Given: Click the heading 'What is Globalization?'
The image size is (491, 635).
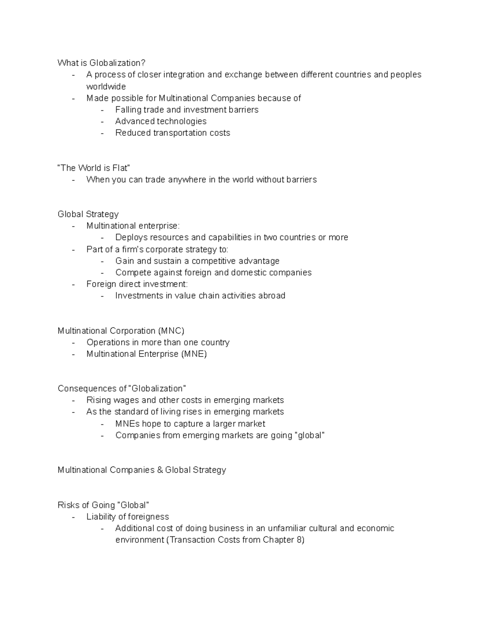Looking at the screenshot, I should click(101, 63).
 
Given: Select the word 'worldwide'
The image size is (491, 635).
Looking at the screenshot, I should click(106, 87).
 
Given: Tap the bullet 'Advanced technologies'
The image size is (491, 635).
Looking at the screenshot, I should click(161, 121).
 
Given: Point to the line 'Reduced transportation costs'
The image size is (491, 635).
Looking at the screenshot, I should click(173, 133).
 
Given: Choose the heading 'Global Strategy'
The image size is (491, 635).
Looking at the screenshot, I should click(88, 214).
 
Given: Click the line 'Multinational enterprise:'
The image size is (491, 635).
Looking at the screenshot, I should click(133, 226).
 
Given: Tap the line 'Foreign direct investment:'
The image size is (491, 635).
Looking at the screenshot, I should click(137, 284).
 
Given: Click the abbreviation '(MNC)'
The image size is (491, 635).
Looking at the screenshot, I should click(171, 331).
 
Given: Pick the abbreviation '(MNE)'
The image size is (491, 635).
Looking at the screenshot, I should click(194, 354).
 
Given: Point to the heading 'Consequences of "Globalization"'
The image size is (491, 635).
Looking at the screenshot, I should click(122, 388).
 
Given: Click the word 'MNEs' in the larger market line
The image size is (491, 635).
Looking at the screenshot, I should click(127, 424).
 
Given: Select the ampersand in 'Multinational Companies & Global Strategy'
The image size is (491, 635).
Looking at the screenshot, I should click(159, 470).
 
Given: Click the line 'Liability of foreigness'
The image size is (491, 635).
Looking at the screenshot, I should click(128, 517).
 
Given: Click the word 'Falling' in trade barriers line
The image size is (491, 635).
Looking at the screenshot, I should click(128, 110).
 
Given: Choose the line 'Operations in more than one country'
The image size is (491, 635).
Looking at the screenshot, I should click(158, 343).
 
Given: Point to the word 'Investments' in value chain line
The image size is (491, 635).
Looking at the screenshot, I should click(139, 296).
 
